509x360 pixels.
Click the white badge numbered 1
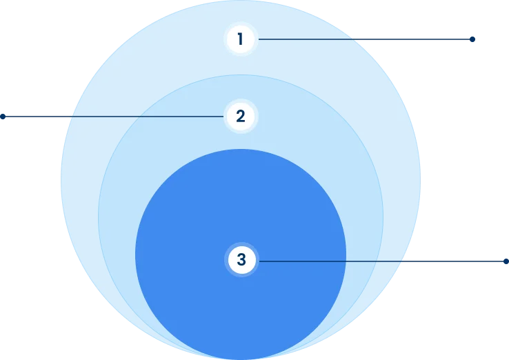(240, 39)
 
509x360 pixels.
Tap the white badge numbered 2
(240, 117)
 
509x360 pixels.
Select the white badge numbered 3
(241, 260)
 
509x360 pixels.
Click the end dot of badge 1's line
(472, 39)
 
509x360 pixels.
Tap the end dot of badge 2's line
(2, 117)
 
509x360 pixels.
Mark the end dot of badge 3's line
(506, 261)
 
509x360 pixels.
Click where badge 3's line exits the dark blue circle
(346, 261)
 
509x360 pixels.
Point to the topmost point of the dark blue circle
(241, 149)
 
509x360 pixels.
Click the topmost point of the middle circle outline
(241, 74)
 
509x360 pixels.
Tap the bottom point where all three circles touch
(241, 359)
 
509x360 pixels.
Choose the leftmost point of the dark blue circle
(135, 254)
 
